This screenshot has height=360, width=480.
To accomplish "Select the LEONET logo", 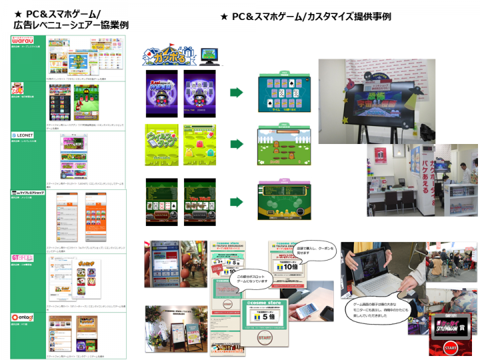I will pos(25,135).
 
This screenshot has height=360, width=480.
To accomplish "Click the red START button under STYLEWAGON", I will pos(451,347).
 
